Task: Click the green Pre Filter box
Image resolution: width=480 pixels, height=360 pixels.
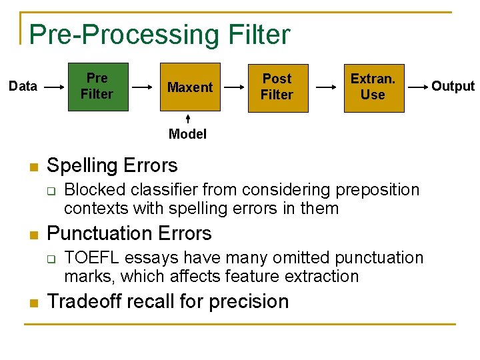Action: pos(97,87)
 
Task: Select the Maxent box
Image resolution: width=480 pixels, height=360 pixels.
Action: pos(189,87)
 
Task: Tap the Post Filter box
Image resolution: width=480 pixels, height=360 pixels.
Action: pos(277,87)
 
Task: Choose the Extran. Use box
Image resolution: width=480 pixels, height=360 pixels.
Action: pos(373,87)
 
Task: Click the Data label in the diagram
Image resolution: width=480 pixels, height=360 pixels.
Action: pos(23,86)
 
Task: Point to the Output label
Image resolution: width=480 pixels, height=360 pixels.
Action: pos(453,86)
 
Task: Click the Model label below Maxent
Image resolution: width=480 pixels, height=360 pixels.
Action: pos(187,134)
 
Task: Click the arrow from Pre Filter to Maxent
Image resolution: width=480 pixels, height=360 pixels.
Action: pos(143,87)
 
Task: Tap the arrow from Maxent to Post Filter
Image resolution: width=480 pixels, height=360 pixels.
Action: pos(233,87)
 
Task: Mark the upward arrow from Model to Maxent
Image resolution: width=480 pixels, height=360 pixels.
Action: pos(188,119)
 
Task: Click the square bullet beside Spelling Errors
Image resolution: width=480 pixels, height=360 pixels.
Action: pos(31,167)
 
